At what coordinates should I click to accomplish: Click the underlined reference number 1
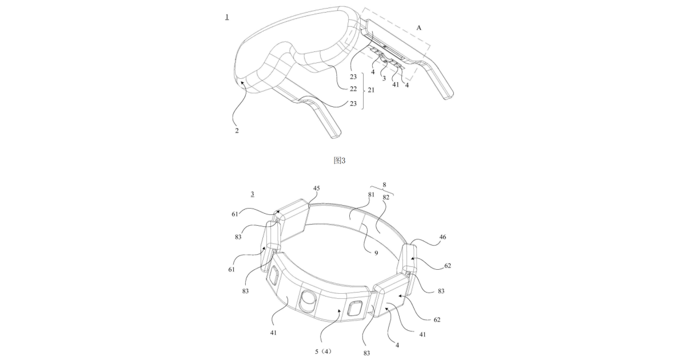(228, 17)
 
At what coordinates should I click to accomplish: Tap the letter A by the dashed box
(419, 27)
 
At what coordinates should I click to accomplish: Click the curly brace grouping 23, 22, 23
(364, 90)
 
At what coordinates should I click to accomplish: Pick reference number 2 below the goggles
(237, 130)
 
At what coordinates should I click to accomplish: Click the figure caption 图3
(339, 161)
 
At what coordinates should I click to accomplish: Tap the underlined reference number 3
(252, 194)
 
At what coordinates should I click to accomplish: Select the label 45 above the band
(317, 187)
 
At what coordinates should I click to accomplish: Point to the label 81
(372, 195)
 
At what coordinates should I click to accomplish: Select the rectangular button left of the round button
(273, 279)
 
